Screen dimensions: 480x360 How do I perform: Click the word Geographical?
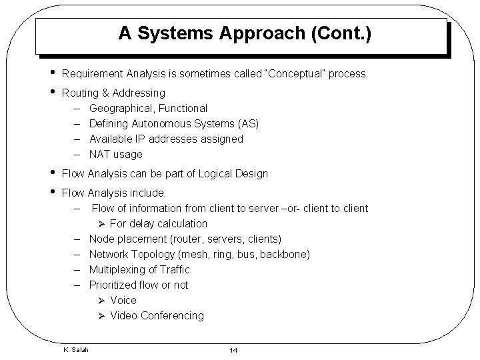tap(118, 108)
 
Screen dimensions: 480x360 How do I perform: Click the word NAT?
tap(101, 154)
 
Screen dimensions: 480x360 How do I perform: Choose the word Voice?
tap(123, 300)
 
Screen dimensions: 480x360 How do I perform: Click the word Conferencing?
tap(172, 315)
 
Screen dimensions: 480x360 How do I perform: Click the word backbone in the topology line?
tap(285, 254)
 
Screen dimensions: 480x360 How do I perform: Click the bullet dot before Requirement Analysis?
tap(51, 72)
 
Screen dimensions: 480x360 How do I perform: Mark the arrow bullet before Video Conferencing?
tap(101, 315)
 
